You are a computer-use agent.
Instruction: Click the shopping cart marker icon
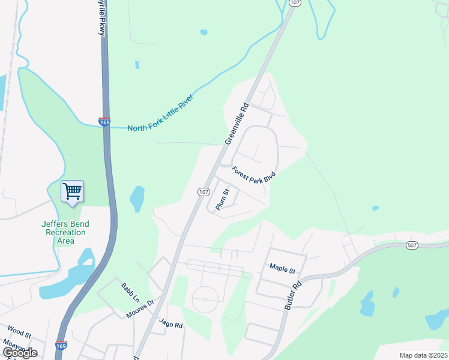tap(72, 191)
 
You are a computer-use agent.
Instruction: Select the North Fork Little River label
tap(163, 127)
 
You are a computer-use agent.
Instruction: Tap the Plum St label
tap(222, 199)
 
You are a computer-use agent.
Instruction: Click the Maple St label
tap(283, 267)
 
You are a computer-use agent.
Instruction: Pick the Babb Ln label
tap(130, 292)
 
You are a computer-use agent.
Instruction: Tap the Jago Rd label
tap(170, 323)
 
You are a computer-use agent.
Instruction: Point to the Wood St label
tap(19, 331)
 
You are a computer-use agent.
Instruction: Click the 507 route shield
tap(411, 245)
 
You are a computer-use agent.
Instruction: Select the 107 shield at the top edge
tap(294, 3)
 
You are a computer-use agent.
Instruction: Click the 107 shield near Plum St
tap(203, 192)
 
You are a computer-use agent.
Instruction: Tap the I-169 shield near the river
tap(104, 122)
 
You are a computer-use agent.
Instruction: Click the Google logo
tap(19, 353)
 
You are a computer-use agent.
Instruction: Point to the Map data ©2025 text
tap(423, 355)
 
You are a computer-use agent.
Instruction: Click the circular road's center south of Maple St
tap(205, 299)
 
